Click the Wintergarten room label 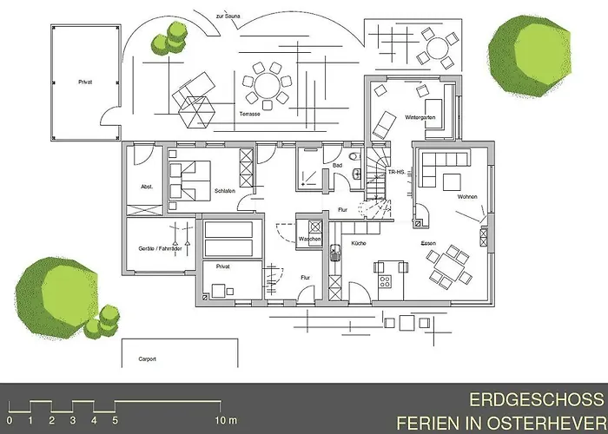point(420,116)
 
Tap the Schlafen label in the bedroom point(224,190)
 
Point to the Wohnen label point(467,197)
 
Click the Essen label point(428,243)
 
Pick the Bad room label point(337,164)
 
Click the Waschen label point(310,239)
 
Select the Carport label point(147,358)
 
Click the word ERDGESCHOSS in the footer point(536,400)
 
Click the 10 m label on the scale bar point(227,421)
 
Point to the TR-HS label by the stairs point(398,173)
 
